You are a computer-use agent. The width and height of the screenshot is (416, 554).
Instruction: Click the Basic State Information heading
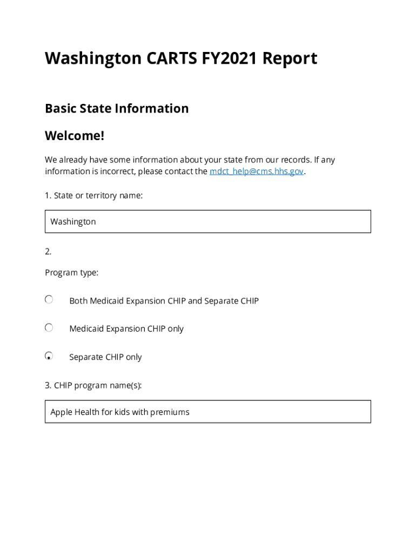pyautogui.click(x=117, y=108)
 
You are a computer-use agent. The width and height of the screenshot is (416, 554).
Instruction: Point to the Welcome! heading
pyautogui.click(x=75, y=135)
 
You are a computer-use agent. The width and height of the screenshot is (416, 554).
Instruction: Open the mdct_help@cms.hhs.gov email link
pyautogui.click(x=257, y=172)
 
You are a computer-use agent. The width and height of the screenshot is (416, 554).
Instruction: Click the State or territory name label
pyautogui.click(x=93, y=195)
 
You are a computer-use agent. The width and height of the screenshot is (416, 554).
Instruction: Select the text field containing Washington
pyautogui.click(x=207, y=221)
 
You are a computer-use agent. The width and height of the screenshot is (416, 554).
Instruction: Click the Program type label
pyautogui.click(x=71, y=273)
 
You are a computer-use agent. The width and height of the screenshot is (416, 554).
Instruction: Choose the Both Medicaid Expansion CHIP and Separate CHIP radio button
pyautogui.click(x=49, y=300)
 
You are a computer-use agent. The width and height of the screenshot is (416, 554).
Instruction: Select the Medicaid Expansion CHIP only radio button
pyautogui.click(x=49, y=328)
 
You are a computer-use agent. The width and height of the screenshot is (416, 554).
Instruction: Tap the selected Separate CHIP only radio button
pyautogui.click(x=49, y=356)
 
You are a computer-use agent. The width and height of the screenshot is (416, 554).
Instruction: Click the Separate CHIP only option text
pyautogui.click(x=105, y=357)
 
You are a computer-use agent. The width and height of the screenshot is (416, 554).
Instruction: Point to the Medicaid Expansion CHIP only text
pyautogui.click(x=126, y=329)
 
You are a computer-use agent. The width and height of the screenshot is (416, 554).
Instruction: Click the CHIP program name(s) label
pyautogui.click(x=93, y=385)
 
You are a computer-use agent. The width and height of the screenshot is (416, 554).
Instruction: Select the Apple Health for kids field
pyautogui.click(x=207, y=412)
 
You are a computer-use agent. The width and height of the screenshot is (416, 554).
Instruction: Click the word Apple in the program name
pyautogui.click(x=61, y=412)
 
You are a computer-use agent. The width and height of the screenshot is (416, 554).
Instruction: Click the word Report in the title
pyautogui.click(x=290, y=58)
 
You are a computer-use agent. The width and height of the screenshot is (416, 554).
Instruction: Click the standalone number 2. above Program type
pyautogui.click(x=48, y=251)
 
